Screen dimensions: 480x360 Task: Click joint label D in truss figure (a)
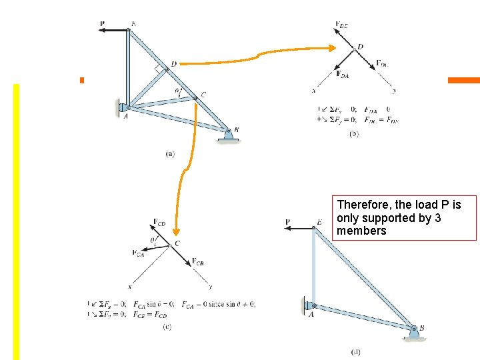click(x=173, y=64)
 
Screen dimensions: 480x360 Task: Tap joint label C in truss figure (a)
click(x=203, y=94)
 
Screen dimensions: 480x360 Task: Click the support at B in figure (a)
click(x=229, y=135)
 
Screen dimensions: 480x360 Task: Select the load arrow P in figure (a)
click(x=115, y=29)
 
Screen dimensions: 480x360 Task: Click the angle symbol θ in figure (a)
click(x=177, y=91)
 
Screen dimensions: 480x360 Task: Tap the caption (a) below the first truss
click(x=170, y=153)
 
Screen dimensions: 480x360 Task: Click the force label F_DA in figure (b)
click(x=343, y=74)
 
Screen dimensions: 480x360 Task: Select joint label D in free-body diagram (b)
click(x=360, y=47)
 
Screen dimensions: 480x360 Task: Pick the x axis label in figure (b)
click(x=314, y=91)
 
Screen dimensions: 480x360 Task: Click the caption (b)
click(x=354, y=133)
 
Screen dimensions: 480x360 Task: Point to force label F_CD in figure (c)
click(x=159, y=222)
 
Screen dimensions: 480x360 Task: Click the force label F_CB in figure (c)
click(x=197, y=262)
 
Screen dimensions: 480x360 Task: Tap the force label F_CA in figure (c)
click(x=138, y=253)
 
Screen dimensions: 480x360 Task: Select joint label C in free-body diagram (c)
click(x=177, y=243)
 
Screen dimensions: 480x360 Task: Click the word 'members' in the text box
click(x=361, y=231)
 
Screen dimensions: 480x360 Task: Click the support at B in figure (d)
click(x=413, y=332)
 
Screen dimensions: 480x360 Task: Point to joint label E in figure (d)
click(x=319, y=222)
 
